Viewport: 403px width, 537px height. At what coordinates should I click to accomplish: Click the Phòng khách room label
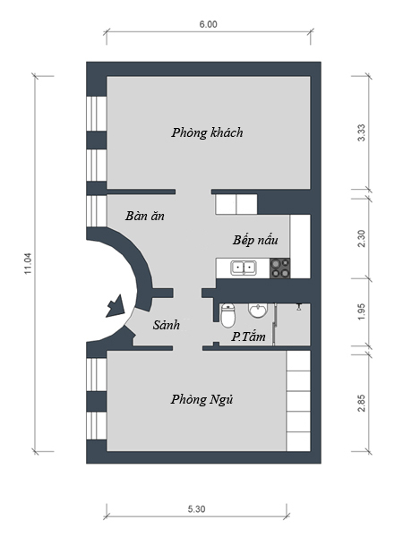(x=208, y=132)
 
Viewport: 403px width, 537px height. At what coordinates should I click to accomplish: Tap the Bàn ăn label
(x=144, y=216)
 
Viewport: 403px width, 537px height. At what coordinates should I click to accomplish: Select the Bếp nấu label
(x=255, y=239)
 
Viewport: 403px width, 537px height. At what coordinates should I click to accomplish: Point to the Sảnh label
(x=167, y=324)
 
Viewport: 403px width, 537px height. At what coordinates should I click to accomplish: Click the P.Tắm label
(x=248, y=337)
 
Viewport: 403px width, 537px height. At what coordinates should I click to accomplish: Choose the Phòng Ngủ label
(x=202, y=400)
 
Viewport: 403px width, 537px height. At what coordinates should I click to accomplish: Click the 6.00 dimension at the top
(x=209, y=24)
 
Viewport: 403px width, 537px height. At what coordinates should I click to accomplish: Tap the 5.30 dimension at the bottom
(x=196, y=509)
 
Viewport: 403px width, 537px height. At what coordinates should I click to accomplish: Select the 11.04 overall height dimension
(x=28, y=263)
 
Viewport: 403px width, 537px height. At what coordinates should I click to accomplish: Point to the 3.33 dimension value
(x=361, y=132)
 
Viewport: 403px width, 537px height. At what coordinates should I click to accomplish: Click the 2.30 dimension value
(x=361, y=238)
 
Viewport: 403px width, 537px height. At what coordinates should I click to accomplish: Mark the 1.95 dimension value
(x=361, y=312)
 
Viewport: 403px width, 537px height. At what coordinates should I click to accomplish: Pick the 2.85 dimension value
(x=361, y=403)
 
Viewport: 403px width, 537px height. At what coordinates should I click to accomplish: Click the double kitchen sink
(x=244, y=268)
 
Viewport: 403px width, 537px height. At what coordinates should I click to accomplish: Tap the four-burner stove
(x=280, y=268)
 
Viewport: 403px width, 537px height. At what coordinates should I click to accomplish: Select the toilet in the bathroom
(x=227, y=315)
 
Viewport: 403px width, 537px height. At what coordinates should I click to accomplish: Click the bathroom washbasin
(x=257, y=311)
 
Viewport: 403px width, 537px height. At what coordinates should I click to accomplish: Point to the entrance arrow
(x=116, y=305)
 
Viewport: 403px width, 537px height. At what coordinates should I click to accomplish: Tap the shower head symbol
(x=299, y=306)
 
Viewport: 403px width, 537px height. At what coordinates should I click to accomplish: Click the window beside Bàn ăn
(x=97, y=211)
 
